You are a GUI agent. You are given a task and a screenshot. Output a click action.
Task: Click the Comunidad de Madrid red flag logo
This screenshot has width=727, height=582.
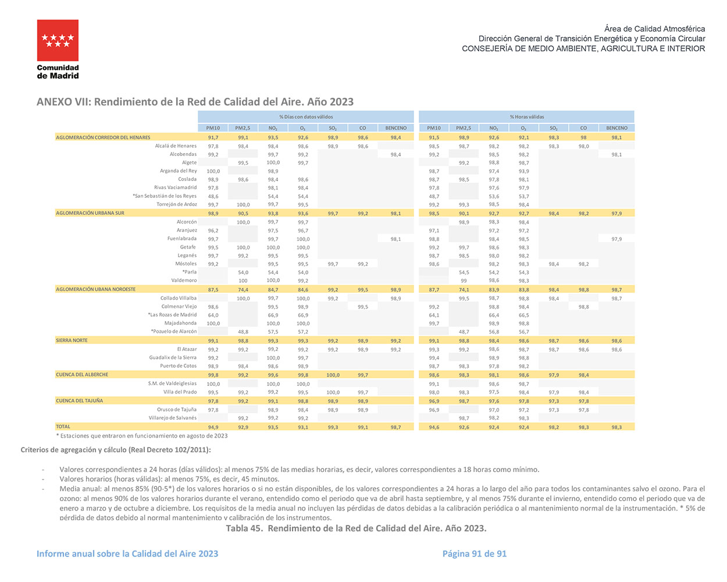pos(58,41)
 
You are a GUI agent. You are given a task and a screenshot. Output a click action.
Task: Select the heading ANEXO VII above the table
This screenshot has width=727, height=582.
pos(195,102)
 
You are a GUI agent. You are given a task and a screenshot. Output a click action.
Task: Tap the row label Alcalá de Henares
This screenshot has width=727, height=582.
pos(176,146)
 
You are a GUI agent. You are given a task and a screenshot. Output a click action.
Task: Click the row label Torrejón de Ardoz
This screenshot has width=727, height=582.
pos(176,204)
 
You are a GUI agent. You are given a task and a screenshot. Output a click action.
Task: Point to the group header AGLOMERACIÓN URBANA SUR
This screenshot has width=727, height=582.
pos(90,213)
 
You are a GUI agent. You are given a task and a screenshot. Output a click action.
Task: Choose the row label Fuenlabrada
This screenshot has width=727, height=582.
pos(182,239)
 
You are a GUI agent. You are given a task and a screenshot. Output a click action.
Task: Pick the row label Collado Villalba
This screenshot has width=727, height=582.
pos(179,298)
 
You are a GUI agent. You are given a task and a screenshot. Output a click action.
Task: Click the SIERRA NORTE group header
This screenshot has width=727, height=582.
pos(72,340)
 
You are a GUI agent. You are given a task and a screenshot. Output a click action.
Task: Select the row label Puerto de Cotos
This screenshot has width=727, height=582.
pos(179,366)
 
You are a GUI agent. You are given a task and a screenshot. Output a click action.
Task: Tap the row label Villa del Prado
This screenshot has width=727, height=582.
pos(180,392)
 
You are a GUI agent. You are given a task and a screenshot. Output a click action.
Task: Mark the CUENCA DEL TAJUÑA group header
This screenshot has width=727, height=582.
pos(79,400)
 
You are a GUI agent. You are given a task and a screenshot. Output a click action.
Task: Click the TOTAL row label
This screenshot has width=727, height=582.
pos(63,427)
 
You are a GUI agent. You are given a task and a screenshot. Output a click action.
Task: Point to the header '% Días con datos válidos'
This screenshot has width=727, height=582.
pos(306,117)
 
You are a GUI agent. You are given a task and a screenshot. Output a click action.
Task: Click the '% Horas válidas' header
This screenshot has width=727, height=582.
pos(526,117)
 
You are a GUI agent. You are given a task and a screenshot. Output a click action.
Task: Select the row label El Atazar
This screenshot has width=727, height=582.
pos(187,349)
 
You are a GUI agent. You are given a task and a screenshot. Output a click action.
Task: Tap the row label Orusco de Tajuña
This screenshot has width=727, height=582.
pos(177,410)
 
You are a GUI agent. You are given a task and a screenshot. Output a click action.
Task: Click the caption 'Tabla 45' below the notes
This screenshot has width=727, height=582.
pos(356,528)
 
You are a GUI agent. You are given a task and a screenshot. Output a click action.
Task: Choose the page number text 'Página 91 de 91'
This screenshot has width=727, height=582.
pos(474,553)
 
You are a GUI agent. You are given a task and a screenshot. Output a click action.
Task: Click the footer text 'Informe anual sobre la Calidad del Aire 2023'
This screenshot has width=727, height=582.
pos(127,553)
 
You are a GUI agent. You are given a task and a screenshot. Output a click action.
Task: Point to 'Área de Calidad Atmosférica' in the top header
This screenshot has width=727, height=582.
pos(654,29)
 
